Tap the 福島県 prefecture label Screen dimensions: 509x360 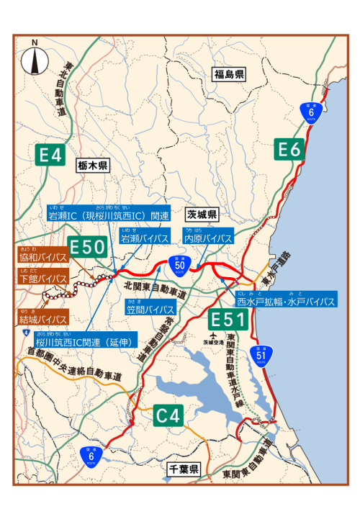(230, 73)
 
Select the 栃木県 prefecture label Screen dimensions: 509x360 (92, 166)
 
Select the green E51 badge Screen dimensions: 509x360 (229, 320)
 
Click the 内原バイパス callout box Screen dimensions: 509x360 (207, 238)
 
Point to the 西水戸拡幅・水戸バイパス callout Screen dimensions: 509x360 (285, 302)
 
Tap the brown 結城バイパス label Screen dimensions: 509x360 (43, 319)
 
